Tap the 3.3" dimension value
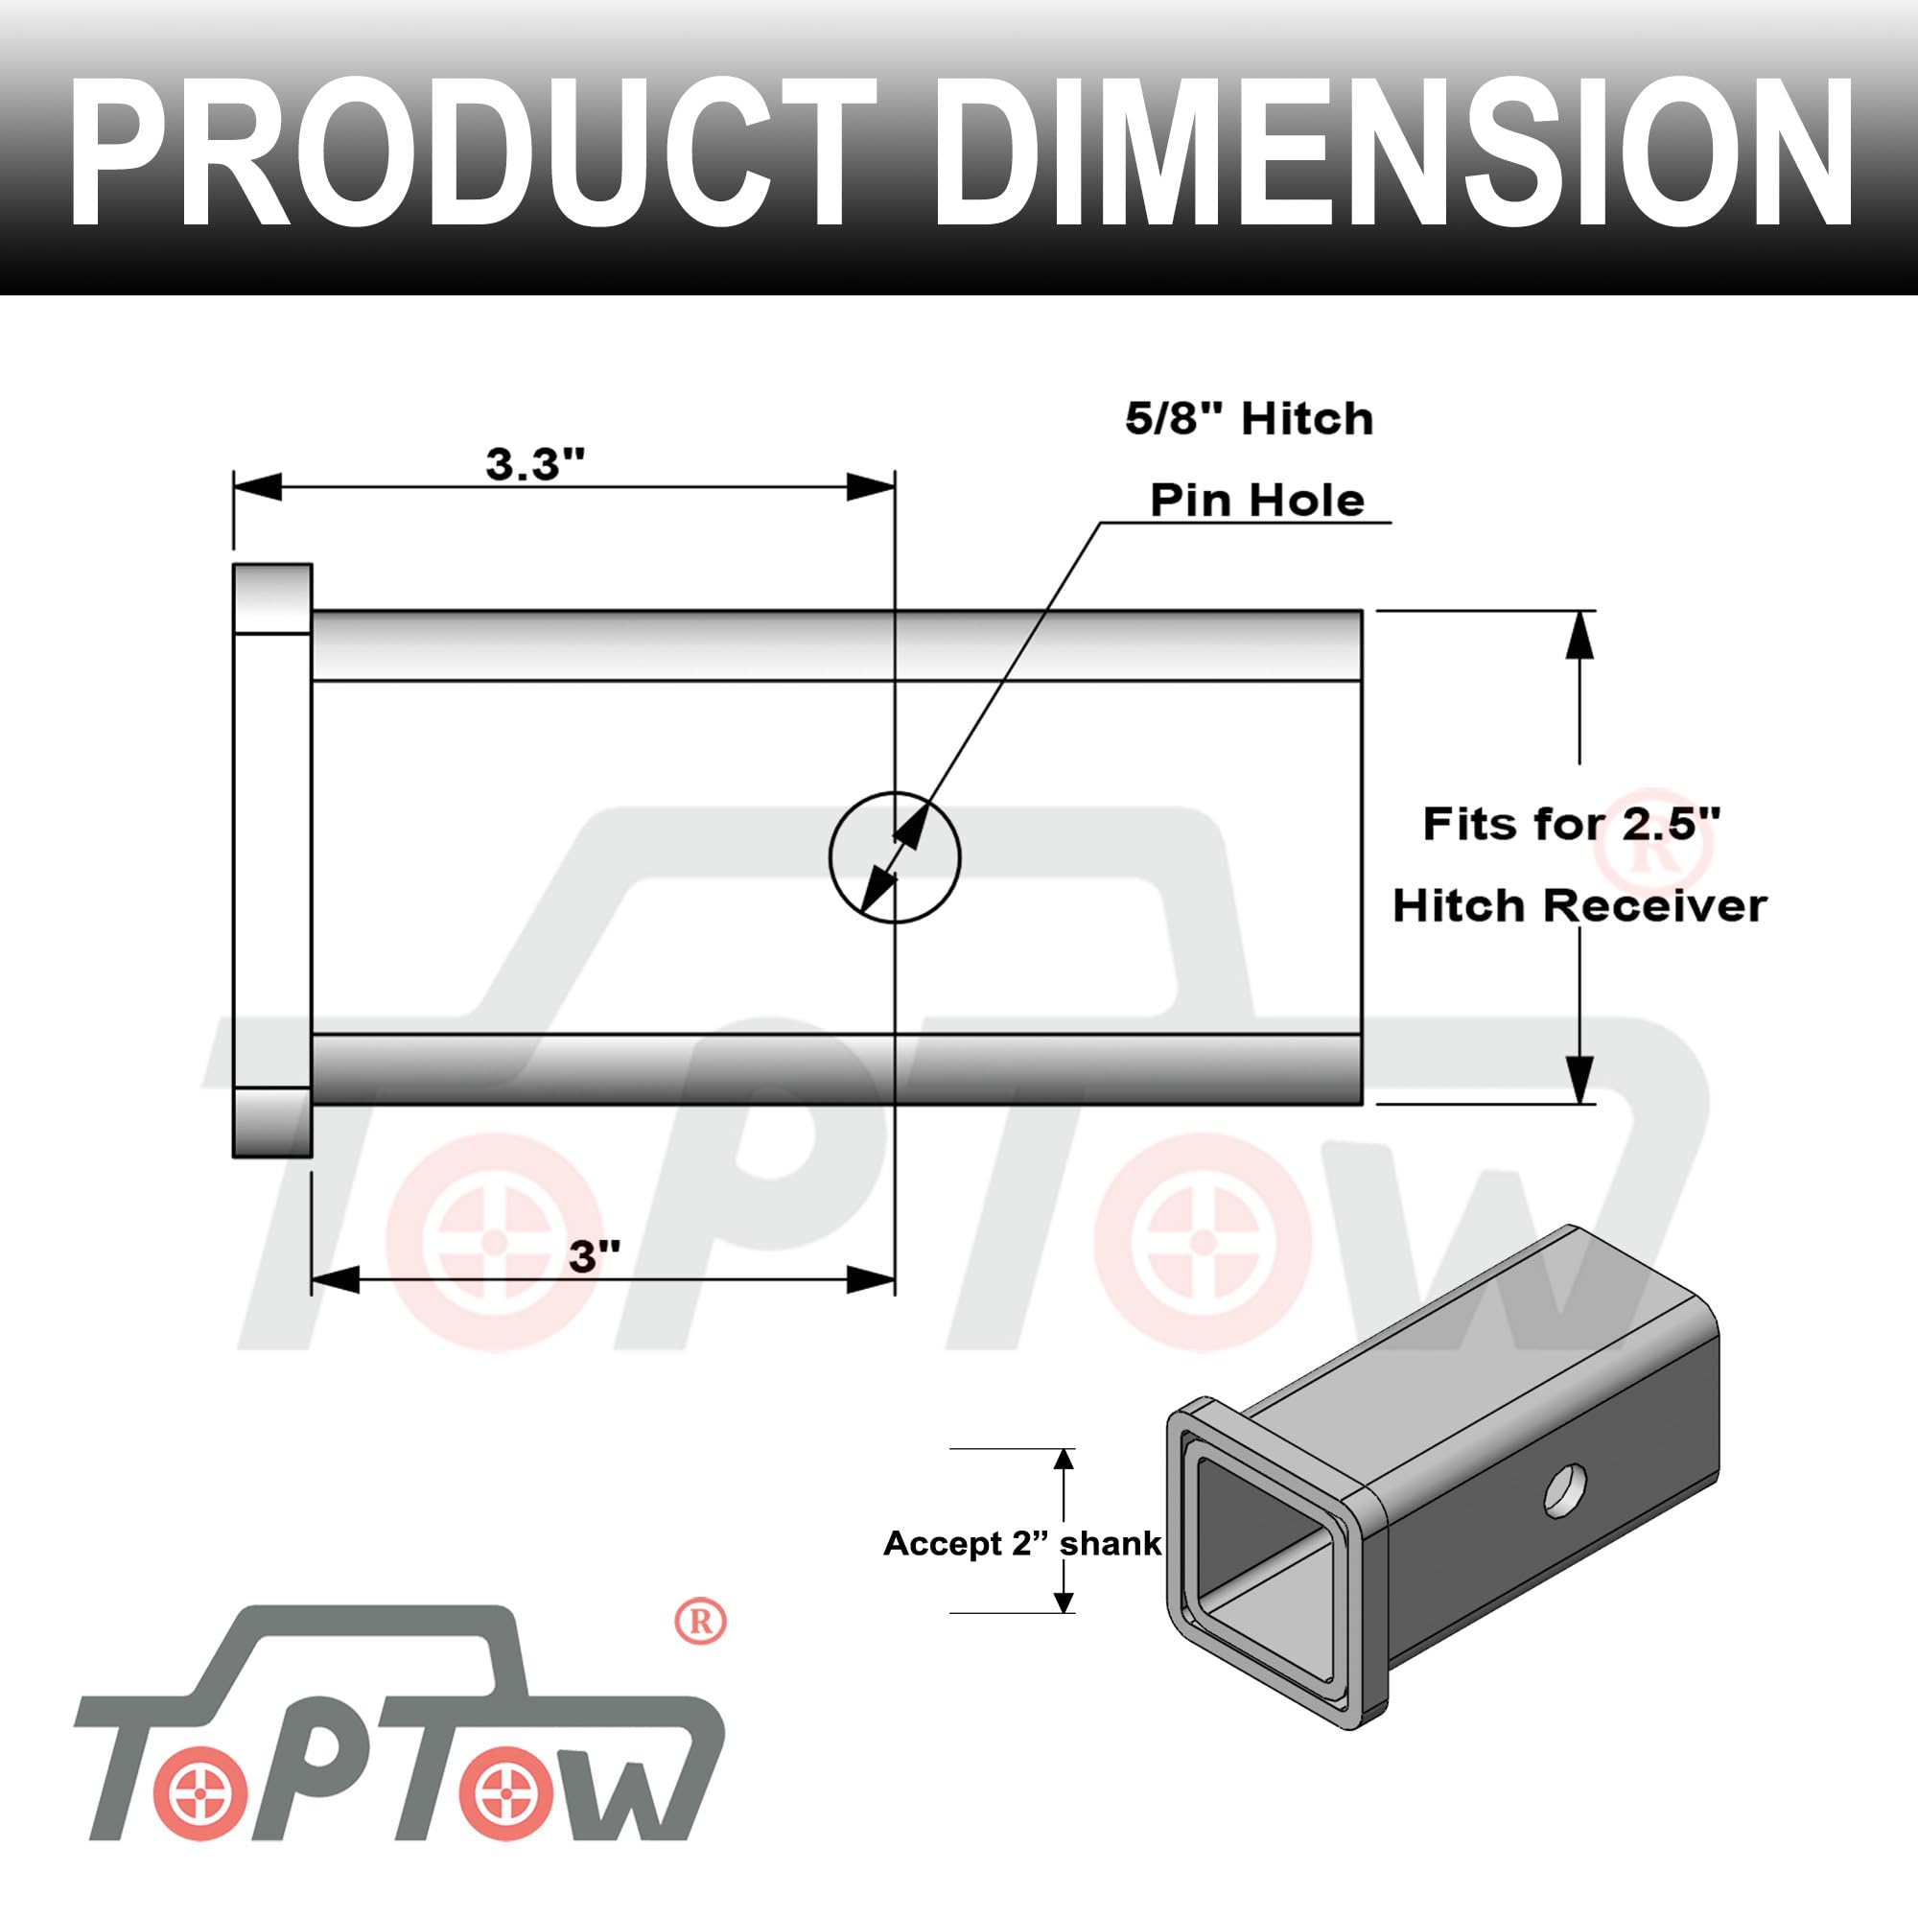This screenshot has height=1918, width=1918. pos(535,463)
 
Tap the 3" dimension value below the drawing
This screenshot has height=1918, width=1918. pos(595,1256)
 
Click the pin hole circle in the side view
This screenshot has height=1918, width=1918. pos(895,857)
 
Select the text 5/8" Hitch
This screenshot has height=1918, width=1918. pos(1249,419)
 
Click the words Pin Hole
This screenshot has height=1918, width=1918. pos(1257,500)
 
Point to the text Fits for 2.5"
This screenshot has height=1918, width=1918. pos(1571,823)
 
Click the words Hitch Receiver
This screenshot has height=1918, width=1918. pos(1579,905)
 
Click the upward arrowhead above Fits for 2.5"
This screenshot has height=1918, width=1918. pos(1579,636)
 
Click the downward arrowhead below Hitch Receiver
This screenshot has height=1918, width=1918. pos(1579,1078)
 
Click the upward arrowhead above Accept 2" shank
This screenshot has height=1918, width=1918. pos(1064,1460)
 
